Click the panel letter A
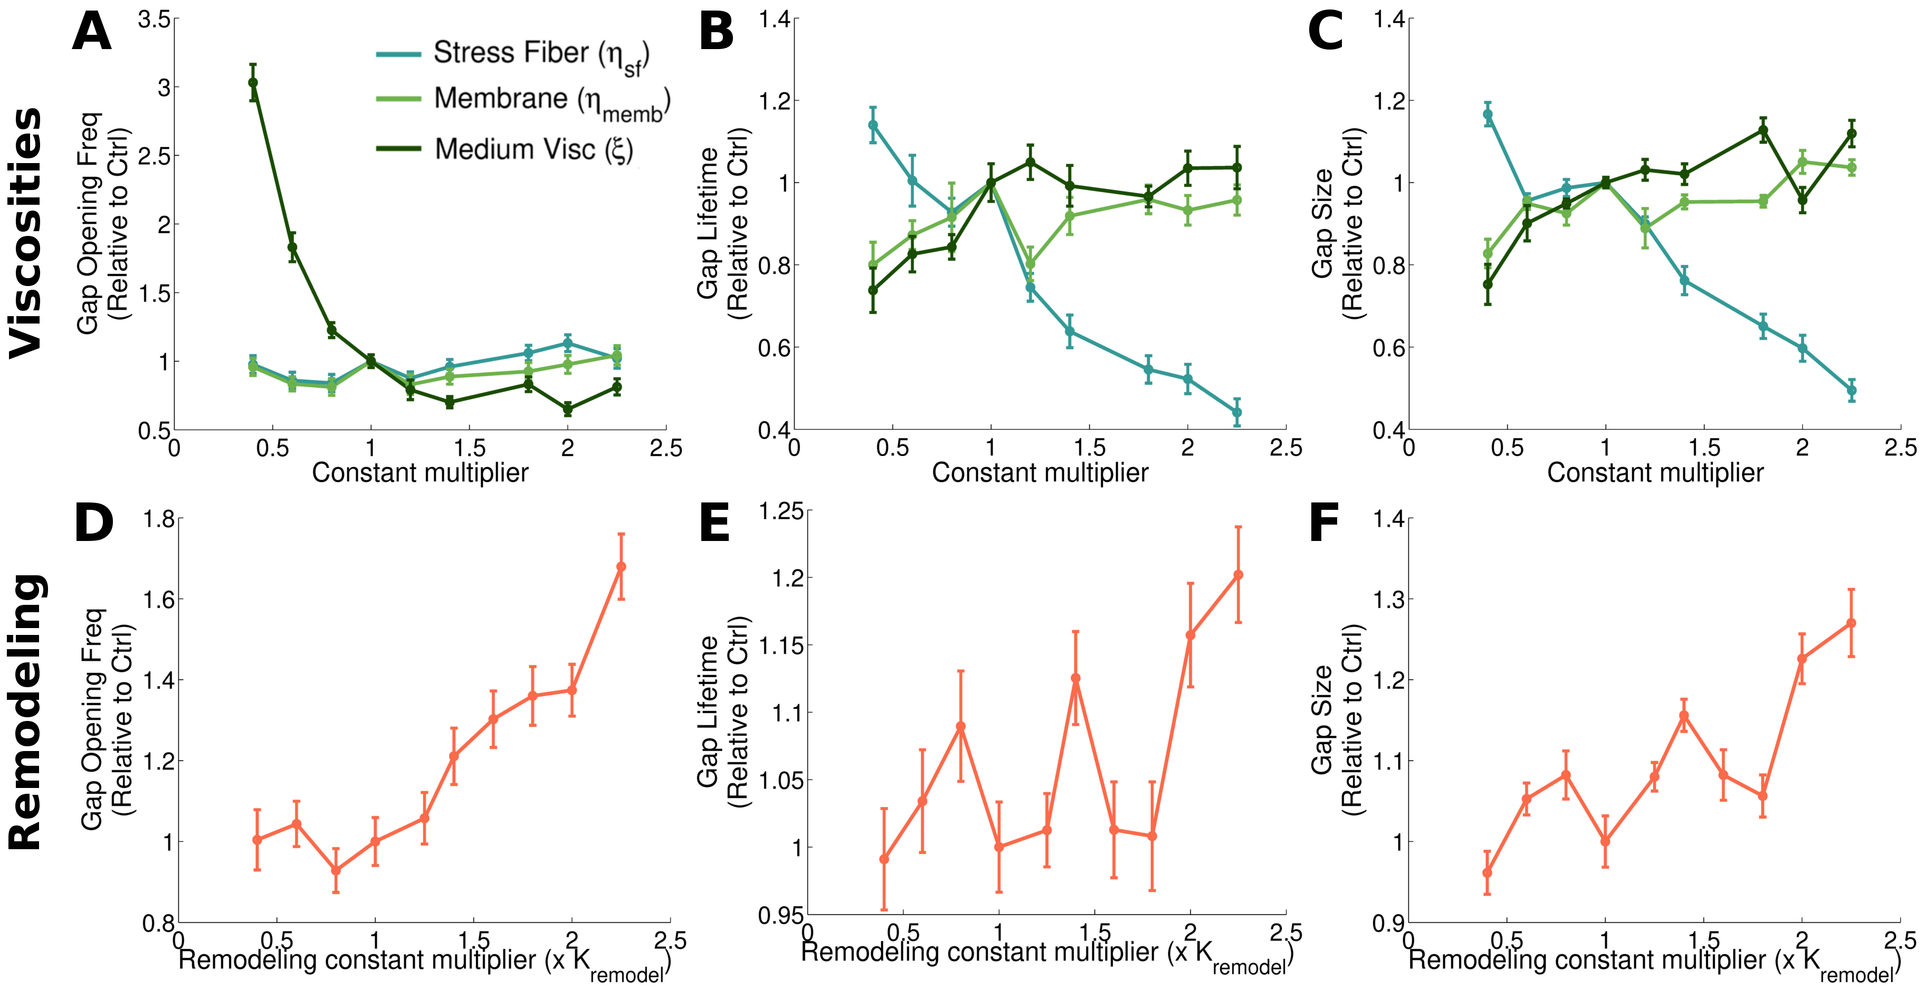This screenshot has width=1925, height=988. point(91,33)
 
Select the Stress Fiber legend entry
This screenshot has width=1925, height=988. point(512,54)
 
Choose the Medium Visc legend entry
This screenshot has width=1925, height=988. point(504,149)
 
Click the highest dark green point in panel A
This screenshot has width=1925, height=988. point(253,82)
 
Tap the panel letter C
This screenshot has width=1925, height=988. point(1325,33)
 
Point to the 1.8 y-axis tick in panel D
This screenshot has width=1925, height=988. point(158,519)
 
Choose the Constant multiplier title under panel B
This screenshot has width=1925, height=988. point(1040,472)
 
